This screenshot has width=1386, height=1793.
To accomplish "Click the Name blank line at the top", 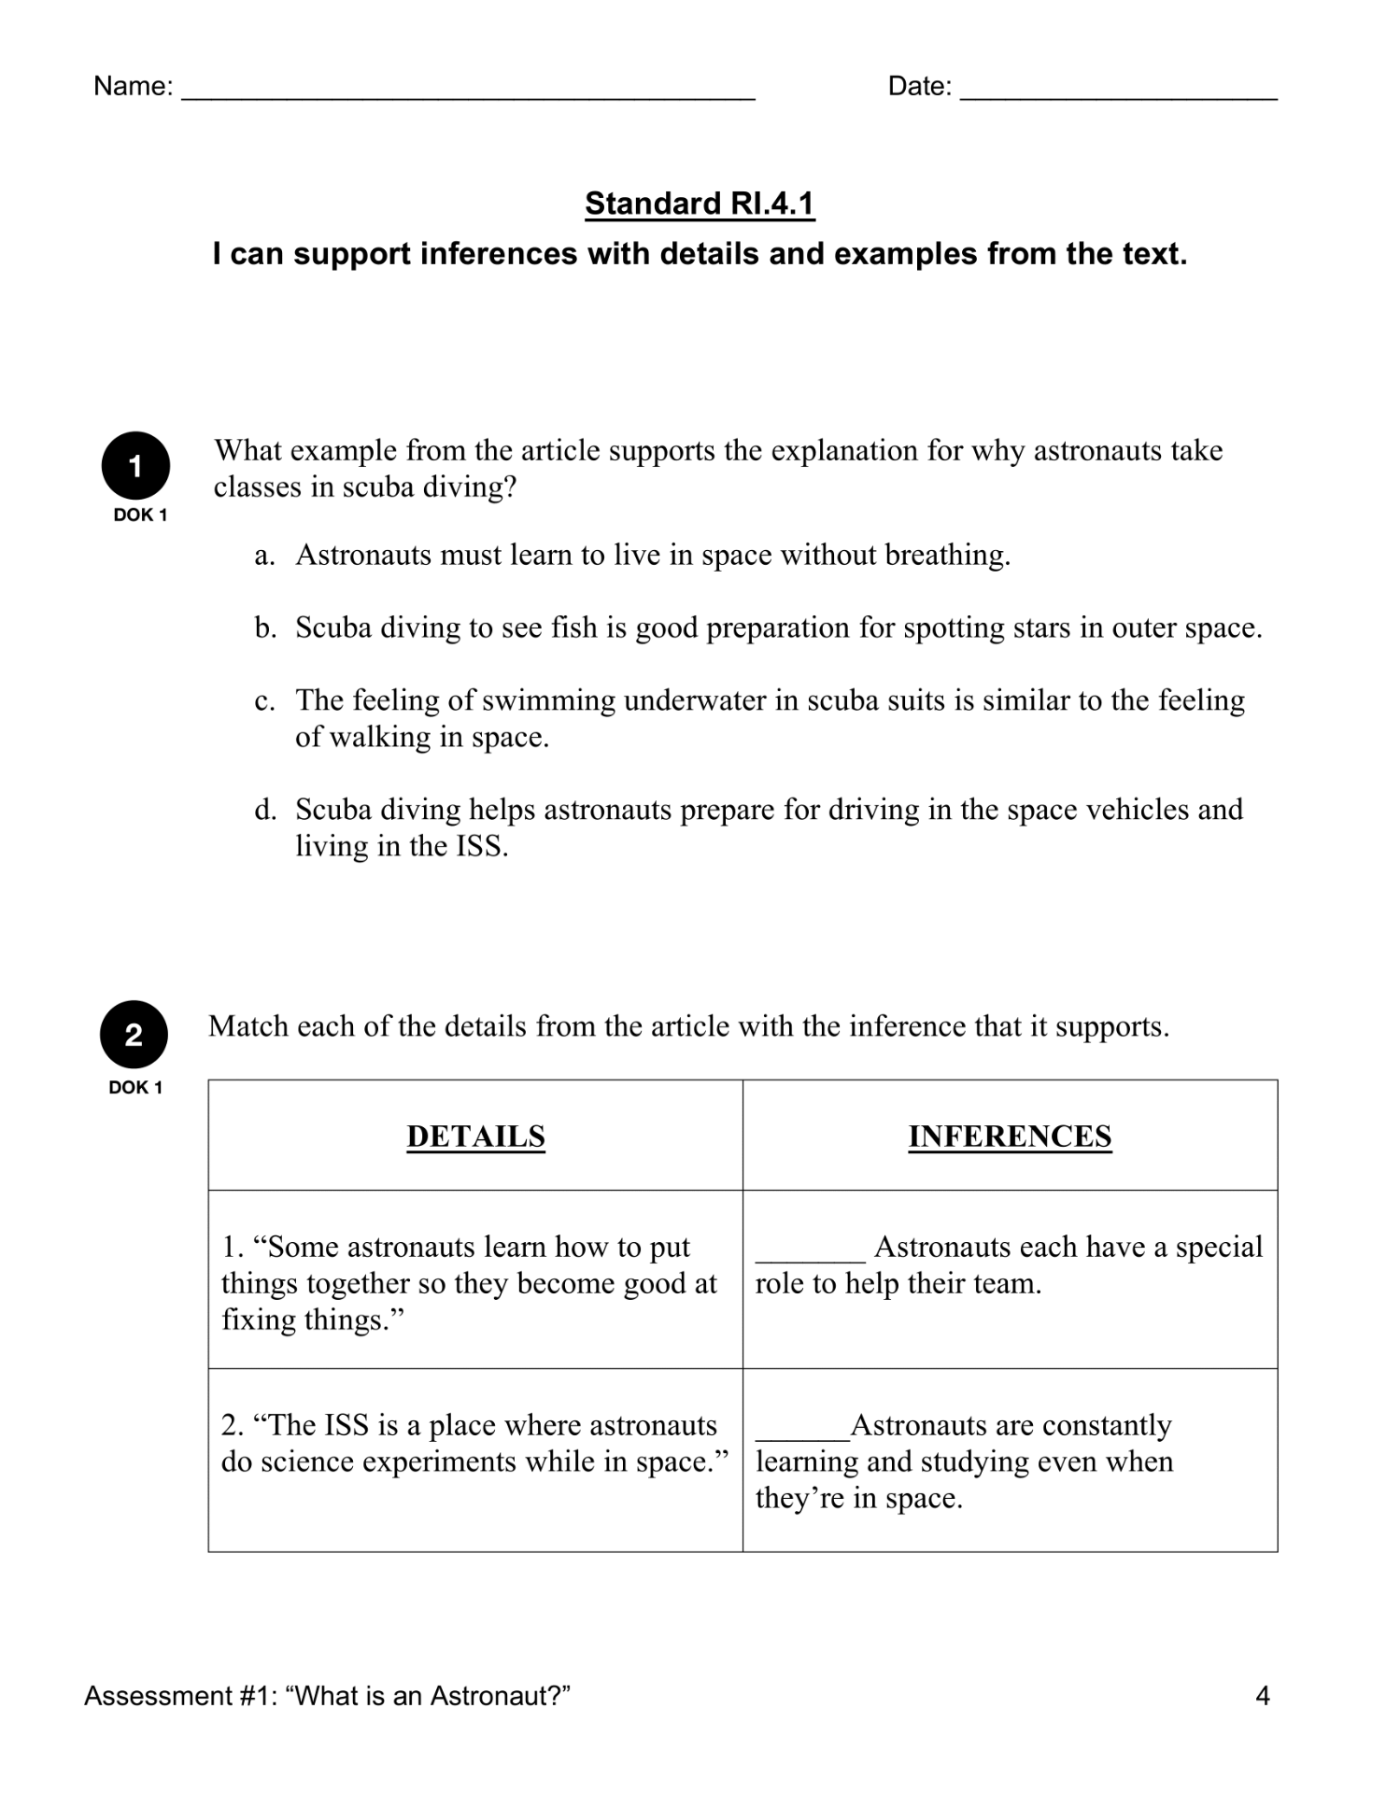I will (x=467, y=93).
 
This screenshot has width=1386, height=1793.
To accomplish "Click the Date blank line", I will (x=1118, y=93).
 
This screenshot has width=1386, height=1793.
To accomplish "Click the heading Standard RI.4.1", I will (x=700, y=204).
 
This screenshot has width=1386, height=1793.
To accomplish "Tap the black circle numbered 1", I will (x=135, y=465).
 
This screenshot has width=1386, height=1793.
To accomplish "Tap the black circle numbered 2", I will (x=134, y=1035).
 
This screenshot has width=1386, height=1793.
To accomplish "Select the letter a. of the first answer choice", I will (x=264, y=556).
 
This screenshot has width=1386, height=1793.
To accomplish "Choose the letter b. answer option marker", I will (x=265, y=628).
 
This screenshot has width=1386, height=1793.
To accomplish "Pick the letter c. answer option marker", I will (x=264, y=700).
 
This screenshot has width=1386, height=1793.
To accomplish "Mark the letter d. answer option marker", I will (x=265, y=810).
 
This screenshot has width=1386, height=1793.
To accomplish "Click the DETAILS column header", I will (x=475, y=1136).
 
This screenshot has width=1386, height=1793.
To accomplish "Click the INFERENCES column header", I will (x=1010, y=1136).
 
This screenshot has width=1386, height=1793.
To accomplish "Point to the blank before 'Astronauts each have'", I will (x=810, y=1253).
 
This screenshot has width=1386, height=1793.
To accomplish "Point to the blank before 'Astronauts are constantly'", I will (x=801, y=1432).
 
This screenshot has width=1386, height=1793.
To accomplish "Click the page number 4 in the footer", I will (x=1262, y=1696).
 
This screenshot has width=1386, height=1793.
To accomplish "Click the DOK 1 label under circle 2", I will (x=135, y=1087).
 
